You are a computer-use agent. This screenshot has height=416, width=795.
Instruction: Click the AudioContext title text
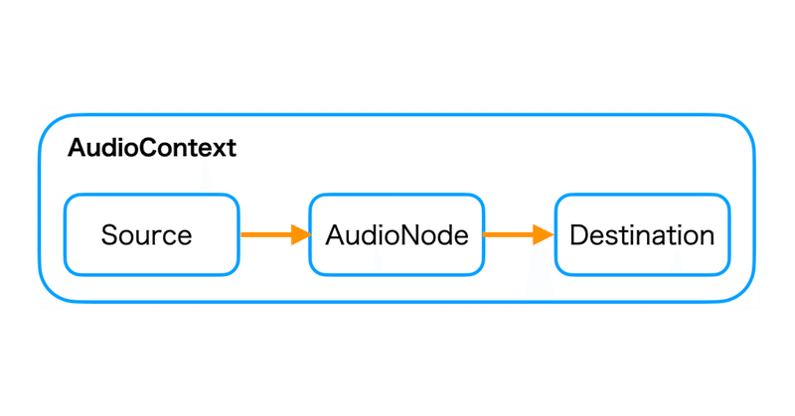tap(152, 149)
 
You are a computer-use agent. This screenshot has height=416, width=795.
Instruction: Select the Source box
tap(151, 235)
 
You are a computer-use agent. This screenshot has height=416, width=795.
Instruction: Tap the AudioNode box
tap(396, 235)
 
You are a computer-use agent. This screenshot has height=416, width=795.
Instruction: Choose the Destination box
tap(641, 235)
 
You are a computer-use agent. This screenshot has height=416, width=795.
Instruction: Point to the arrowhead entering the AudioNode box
tap(300, 235)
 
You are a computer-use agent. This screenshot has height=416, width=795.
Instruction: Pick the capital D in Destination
tap(578, 236)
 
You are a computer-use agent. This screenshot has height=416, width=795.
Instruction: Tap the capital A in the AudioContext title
tap(76, 149)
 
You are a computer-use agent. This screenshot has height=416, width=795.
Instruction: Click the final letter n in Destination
tap(707, 238)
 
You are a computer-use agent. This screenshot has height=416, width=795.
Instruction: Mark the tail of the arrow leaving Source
tap(244, 235)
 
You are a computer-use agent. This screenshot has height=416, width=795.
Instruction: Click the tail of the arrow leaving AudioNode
tap(487, 235)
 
